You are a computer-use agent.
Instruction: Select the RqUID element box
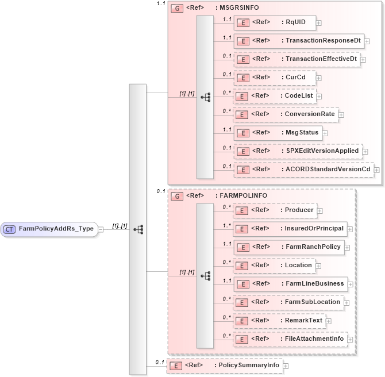(274, 23)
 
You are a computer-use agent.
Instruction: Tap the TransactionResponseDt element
(299, 41)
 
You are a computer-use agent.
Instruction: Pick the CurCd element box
(274, 78)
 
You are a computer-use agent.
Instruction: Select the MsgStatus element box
(278, 132)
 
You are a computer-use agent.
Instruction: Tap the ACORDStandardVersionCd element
(303, 169)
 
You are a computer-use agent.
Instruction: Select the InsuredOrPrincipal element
(290, 229)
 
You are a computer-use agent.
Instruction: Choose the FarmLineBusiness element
(290, 284)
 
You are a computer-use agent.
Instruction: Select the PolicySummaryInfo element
(224, 366)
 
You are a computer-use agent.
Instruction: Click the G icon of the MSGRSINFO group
(178, 9)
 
